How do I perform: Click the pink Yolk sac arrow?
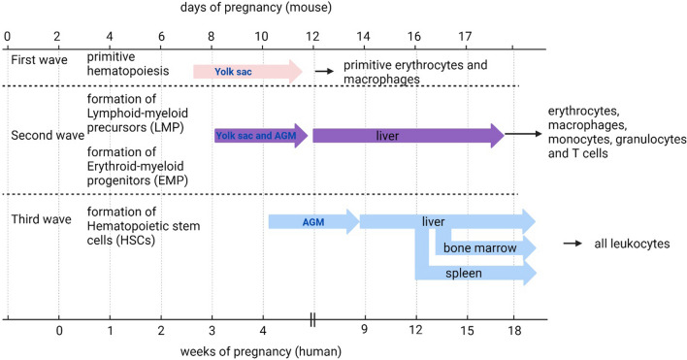248,72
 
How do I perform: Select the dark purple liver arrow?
409,136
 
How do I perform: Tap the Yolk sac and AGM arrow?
262,136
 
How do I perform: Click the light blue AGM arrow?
313,221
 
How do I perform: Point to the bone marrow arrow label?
479,247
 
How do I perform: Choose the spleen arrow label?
464,274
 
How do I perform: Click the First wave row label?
39,59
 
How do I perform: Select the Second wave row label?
48,135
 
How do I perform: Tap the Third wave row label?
41,219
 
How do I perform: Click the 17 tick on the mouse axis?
466,36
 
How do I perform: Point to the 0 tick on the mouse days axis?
7,36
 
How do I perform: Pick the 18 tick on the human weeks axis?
515,330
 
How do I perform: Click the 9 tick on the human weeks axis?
365,329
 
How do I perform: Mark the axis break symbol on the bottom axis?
312,319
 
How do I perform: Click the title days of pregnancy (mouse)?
256,8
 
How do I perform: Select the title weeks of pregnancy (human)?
261,351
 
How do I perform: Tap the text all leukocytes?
632,244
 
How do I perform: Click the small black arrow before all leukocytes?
572,244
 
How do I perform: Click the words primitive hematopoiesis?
128,64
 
